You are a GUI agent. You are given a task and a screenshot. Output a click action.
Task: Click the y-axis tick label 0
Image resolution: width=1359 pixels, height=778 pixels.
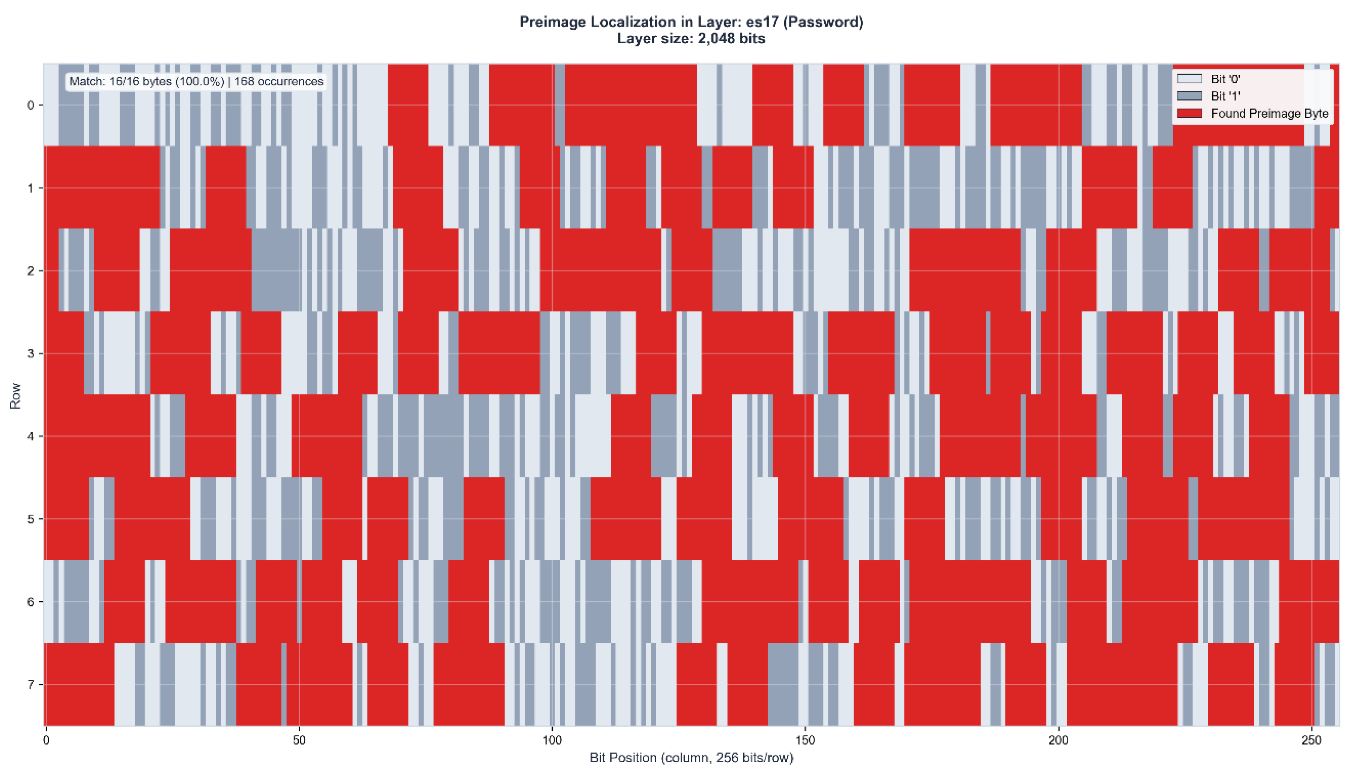coord(30,105)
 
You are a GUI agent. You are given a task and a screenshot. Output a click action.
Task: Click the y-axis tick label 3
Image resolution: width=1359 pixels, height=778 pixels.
coord(30,354)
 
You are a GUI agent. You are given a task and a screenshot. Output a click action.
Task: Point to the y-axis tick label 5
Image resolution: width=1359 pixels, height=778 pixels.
coord(30,519)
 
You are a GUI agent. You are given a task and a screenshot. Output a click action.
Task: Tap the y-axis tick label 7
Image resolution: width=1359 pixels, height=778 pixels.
coord(30,685)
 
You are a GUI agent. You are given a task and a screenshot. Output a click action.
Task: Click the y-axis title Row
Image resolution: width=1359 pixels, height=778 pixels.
coord(15,396)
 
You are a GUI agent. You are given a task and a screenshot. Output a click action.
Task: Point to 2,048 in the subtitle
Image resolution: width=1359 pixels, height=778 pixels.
coord(716,39)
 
